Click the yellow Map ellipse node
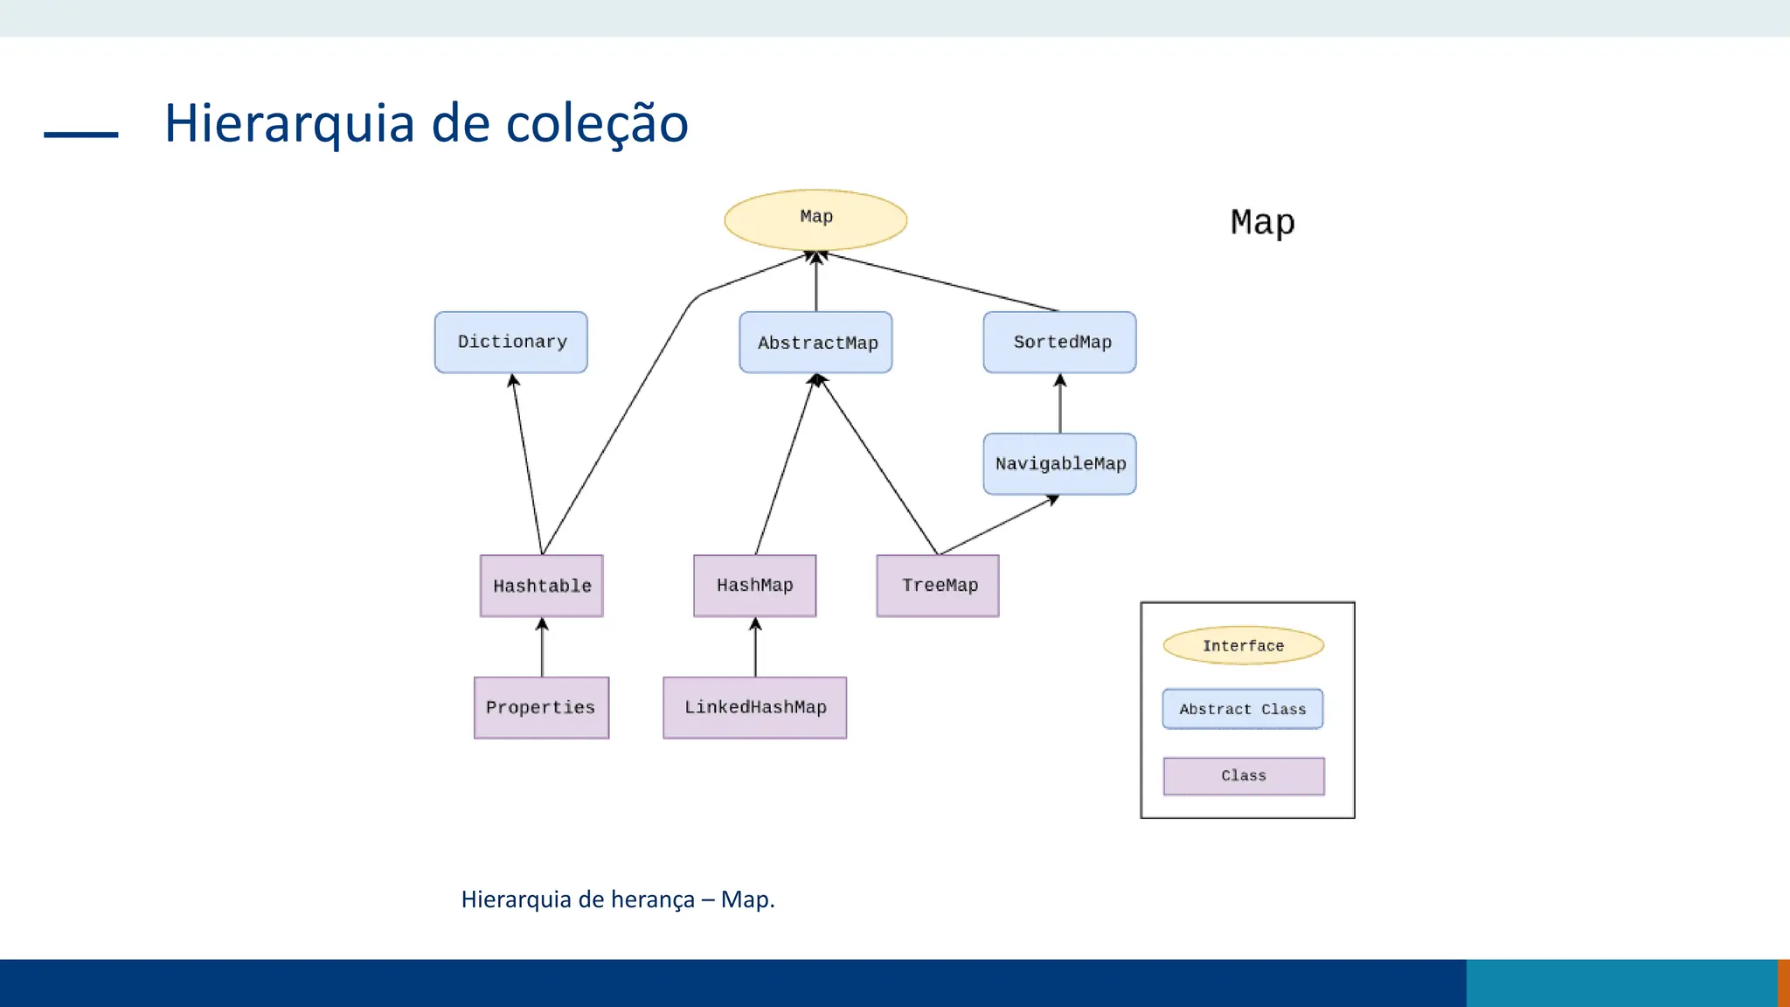pyautogui.click(x=815, y=219)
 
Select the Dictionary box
pyautogui.click(x=511, y=342)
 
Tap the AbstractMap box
pyautogui.click(x=815, y=343)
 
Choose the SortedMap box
pyautogui.click(x=1059, y=342)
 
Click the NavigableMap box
pyautogui.click(x=1059, y=463)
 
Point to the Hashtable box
pyautogui.click(x=541, y=586)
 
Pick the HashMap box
pyautogui.click(x=754, y=586)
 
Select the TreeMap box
pyautogui.click(x=938, y=586)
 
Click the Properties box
pyautogui.click(x=541, y=707)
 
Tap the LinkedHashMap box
pyautogui.click(x=754, y=707)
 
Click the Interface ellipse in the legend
pyautogui.click(x=1243, y=645)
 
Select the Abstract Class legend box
pyautogui.click(x=1242, y=709)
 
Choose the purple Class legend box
pyautogui.click(x=1243, y=775)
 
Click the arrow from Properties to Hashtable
pyautogui.click(x=542, y=648)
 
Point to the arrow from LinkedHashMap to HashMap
pyautogui.click(x=755, y=648)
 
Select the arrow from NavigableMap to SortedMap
pyautogui.click(x=1060, y=404)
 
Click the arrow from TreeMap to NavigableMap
pyautogui.click(x=996, y=525)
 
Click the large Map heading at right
pyautogui.click(x=1262, y=222)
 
